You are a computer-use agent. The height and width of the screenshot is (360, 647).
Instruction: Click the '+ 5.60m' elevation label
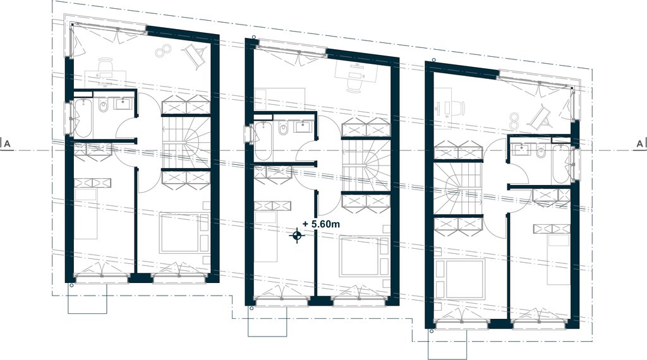(321, 224)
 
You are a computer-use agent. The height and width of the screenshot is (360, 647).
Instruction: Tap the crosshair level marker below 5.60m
(297, 236)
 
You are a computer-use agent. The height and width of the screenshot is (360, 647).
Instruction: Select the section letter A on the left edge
(8, 144)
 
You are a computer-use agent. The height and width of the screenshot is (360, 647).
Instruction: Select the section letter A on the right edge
(639, 144)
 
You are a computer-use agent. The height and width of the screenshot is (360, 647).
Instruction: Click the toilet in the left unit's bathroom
(103, 105)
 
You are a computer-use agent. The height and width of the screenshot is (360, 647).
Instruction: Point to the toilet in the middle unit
(283, 130)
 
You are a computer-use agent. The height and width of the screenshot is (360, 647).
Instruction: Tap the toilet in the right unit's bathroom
(541, 153)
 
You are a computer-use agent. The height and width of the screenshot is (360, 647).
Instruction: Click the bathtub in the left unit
(82, 119)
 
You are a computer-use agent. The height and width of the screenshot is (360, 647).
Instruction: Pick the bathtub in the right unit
(561, 164)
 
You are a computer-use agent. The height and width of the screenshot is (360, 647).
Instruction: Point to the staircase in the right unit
(458, 189)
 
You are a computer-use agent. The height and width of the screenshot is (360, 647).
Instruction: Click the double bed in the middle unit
(360, 256)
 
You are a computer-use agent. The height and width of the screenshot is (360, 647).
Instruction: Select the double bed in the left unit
(180, 232)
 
